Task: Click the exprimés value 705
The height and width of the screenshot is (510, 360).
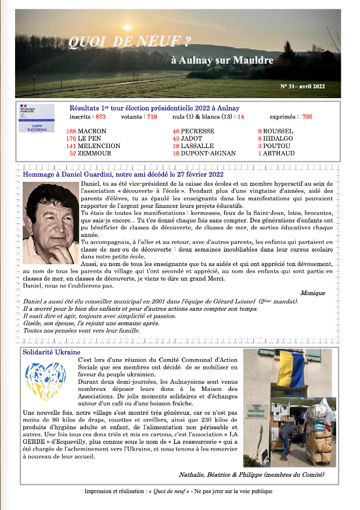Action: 307,117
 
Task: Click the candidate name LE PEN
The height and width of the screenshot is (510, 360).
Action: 91,139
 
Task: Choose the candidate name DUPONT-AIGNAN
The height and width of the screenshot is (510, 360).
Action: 208,153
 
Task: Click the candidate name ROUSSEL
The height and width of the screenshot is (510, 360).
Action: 279,131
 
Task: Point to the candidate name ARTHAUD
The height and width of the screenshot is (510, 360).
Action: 280,153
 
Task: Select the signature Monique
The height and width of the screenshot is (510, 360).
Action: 312,293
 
